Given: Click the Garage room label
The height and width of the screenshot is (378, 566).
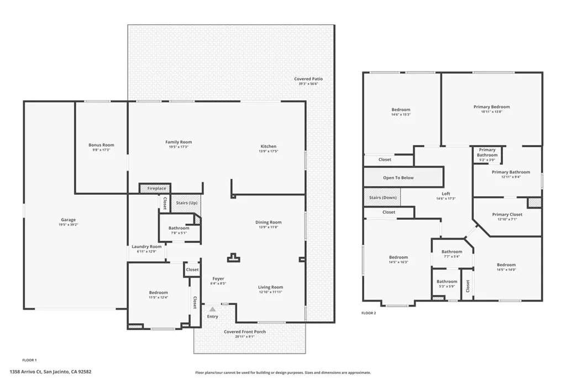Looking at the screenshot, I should [68, 220].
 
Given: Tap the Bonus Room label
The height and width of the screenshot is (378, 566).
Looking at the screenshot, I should [101, 145].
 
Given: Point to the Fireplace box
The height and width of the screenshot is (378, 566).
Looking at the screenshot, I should [156, 189].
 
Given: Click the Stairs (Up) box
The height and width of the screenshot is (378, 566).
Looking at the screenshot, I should [186, 203].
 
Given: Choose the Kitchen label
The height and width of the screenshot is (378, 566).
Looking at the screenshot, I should [269, 147].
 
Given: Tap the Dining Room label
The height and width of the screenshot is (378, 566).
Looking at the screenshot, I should [269, 222].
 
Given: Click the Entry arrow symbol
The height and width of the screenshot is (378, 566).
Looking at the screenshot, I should [212, 308].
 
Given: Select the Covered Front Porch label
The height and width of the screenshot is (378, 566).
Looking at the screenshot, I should [245, 332].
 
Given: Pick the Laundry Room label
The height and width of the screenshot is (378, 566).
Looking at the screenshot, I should [146, 247].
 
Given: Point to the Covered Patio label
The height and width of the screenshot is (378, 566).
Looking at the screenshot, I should [308, 79].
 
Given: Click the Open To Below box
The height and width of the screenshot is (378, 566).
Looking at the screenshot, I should [398, 178].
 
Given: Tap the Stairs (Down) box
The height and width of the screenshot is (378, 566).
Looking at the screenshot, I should [382, 198].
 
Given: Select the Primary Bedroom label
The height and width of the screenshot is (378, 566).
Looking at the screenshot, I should [491, 107].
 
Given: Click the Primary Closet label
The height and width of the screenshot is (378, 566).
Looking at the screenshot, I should [491, 215].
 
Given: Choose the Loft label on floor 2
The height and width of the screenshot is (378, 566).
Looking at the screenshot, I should [446, 194].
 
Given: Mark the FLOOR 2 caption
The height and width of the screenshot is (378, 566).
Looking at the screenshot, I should [369, 313].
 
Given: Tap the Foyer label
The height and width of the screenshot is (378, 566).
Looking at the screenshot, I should [218, 278].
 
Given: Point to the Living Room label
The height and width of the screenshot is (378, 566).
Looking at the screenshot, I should [270, 287].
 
